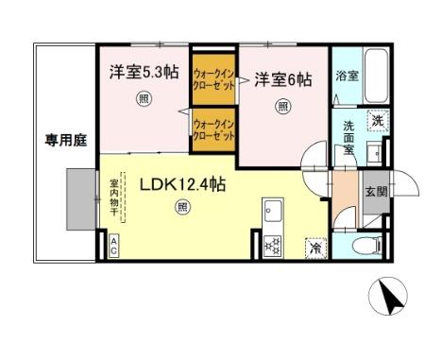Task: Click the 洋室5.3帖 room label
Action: (x=142, y=71)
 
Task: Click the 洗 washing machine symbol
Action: (x=376, y=120)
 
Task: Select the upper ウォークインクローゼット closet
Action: (x=212, y=75)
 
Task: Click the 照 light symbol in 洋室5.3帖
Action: (x=142, y=97)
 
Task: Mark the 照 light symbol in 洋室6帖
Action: (x=283, y=107)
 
